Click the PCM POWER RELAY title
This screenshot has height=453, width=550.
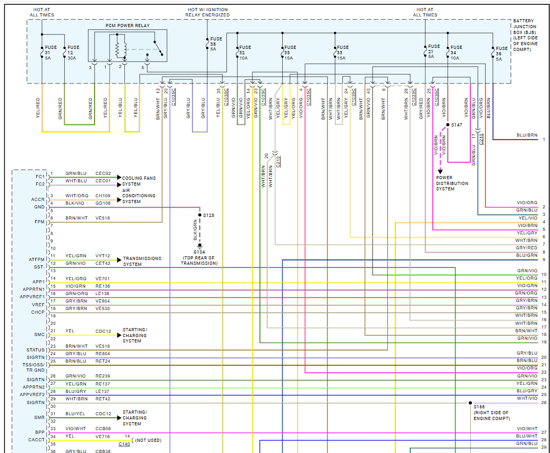(127, 26)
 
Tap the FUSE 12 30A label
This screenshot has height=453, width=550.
(73, 53)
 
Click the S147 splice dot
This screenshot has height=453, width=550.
(447, 124)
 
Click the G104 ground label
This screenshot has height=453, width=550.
(199, 252)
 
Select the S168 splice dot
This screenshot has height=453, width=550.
(470, 403)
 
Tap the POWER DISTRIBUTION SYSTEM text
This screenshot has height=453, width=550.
(452, 183)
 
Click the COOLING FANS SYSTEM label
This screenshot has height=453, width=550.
(139, 181)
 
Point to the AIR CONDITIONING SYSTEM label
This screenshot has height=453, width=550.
(139, 196)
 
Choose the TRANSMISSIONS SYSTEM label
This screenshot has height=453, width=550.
(142, 261)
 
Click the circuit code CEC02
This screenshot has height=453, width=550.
(103, 173)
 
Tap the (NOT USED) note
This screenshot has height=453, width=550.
(148, 440)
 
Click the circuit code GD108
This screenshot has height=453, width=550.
(103, 203)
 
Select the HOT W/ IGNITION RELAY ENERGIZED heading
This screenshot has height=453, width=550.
(208, 12)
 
